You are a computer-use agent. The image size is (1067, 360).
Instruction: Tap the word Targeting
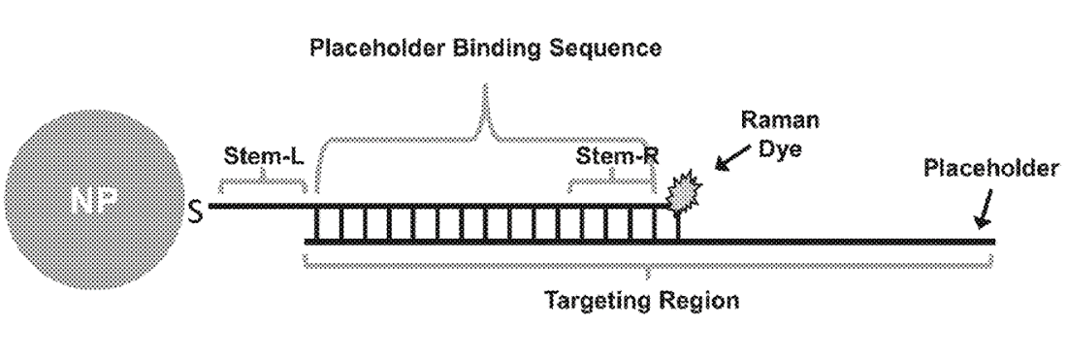[x=601, y=299]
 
